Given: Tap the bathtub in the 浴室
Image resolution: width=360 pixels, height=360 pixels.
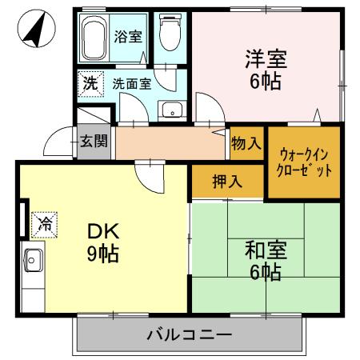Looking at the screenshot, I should (94, 35).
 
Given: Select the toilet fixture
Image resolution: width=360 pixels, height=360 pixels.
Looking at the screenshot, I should (169, 34).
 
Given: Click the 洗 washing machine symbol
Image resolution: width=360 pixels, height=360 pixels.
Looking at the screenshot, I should (90, 82).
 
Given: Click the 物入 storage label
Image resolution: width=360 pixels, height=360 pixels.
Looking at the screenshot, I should (246, 144).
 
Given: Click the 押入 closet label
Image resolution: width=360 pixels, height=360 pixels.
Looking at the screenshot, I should (227, 182).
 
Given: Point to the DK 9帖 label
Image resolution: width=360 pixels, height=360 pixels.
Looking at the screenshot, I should (103, 242).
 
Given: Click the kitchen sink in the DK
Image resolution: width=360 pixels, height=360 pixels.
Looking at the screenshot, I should (34, 261).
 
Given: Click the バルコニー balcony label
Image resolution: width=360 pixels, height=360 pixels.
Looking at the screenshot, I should (190, 334).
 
